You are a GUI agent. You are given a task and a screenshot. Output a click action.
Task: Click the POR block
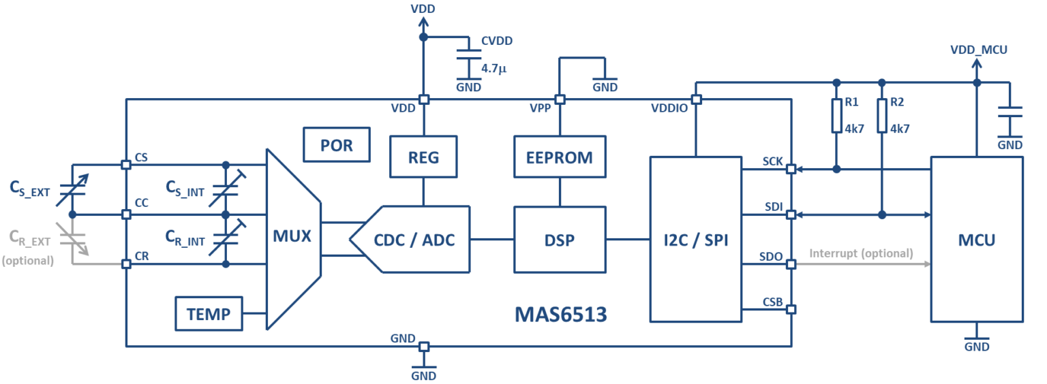click(x=337, y=145)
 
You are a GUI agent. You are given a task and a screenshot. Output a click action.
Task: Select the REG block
click(x=423, y=157)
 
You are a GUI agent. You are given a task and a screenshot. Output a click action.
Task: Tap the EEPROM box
click(x=560, y=157)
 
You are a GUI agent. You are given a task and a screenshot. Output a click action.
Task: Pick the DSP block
click(x=560, y=239)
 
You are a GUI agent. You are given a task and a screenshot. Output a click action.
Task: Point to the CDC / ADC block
click(x=413, y=239)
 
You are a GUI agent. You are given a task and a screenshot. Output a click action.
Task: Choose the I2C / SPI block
click(x=695, y=239)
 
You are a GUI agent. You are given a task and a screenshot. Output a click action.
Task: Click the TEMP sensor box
click(x=209, y=314)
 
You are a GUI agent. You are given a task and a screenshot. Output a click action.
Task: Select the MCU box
click(x=977, y=239)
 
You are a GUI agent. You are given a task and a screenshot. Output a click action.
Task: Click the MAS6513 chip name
click(x=560, y=315)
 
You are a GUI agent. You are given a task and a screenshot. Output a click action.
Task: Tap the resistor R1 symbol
click(x=837, y=116)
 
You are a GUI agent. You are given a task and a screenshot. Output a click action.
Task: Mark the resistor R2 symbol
click(x=882, y=116)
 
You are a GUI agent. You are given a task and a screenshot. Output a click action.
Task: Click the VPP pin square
click(x=560, y=99)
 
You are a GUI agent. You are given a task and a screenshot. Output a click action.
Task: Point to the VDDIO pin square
click(x=696, y=99)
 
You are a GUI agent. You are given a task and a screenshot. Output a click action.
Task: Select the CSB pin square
click(x=791, y=309)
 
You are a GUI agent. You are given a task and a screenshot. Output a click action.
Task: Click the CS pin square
click(x=126, y=164)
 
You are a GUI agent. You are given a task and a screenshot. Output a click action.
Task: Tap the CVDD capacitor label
click(x=496, y=41)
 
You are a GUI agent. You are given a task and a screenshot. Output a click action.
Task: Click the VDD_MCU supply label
click(x=978, y=50)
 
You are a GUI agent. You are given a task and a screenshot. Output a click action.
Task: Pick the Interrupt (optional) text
click(x=861, y=253)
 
